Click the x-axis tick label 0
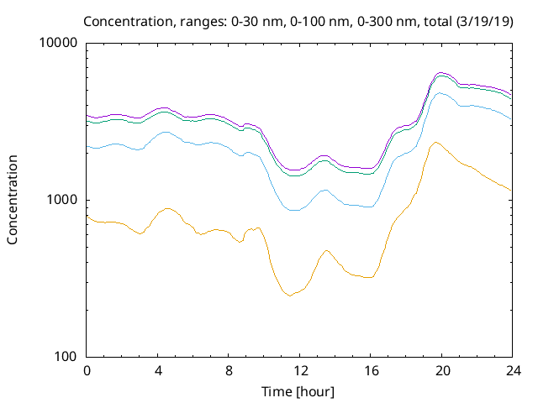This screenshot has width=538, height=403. coord(87,370)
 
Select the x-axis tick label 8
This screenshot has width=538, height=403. coord(229,370)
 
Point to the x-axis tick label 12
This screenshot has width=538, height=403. coord(299,370)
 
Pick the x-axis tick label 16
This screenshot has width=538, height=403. coord(370,370)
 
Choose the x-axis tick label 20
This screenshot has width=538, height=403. coord(440,370)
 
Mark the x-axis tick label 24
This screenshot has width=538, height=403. coord(512,370)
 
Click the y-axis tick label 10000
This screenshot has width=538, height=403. coord(59,44)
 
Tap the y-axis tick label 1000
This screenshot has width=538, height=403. coord(62,200)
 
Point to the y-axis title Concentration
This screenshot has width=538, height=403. coord(13,200)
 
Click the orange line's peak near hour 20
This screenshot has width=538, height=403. coord(435,143)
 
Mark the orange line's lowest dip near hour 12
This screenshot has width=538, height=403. coord(291,296)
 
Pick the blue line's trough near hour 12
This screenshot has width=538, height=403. coord(293,210)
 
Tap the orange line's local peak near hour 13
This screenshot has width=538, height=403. coord(326,250)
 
